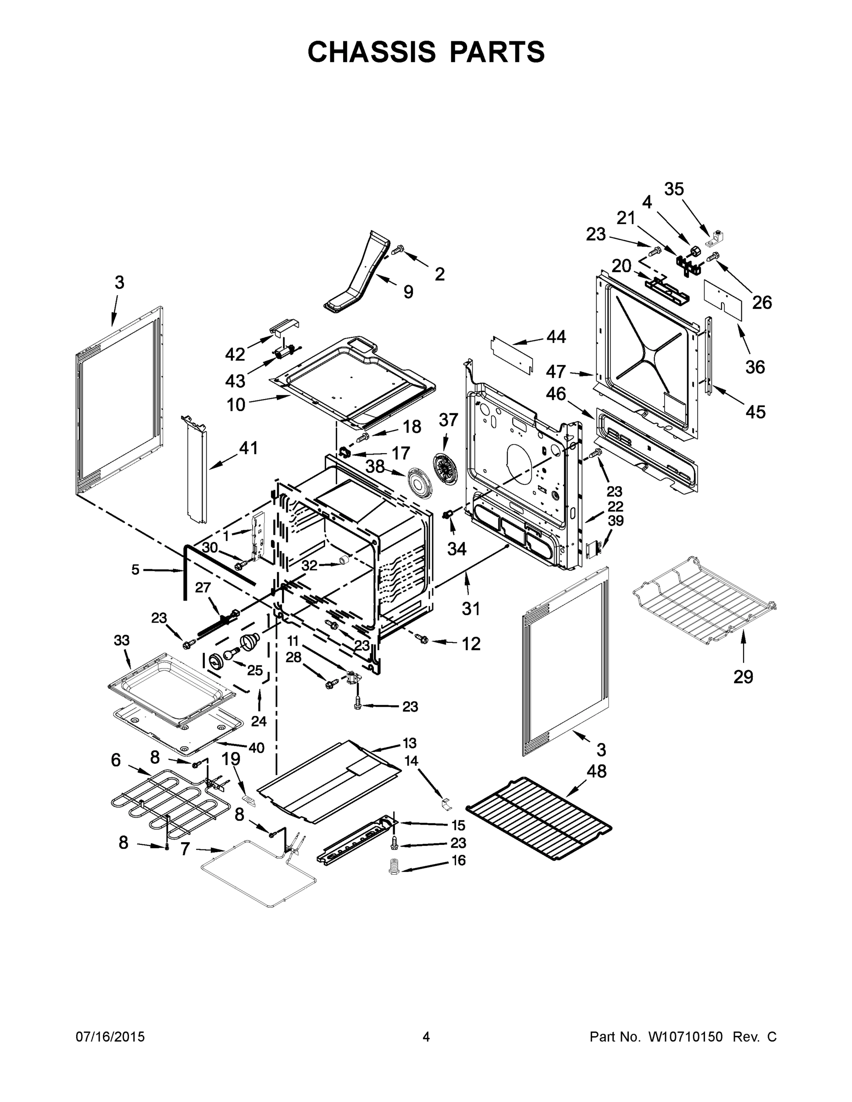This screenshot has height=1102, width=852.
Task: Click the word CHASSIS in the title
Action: click(x=372, y=52)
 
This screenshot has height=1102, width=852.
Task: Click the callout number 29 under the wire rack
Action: click(x=743, y=677)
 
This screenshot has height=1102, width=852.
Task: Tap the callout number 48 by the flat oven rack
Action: click(x=596, y=771)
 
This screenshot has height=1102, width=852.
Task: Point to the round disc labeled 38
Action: click(x=418, y=484)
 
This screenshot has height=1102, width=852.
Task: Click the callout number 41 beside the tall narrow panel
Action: click(x=248, y=448)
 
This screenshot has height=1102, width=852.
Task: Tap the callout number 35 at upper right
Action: click(x=674, y=189)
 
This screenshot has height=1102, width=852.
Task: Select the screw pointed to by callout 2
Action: click(x=399, y=248)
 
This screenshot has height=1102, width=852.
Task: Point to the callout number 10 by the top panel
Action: click(x=236, y=404)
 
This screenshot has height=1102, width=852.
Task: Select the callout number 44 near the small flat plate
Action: click(x=556, y=337)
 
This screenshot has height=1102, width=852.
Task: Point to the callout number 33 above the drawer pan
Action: click(x=122, y=641)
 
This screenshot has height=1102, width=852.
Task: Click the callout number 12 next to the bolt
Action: click(x=471, y=644)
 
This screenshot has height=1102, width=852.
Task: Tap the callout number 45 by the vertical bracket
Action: click(x=755, y=412)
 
